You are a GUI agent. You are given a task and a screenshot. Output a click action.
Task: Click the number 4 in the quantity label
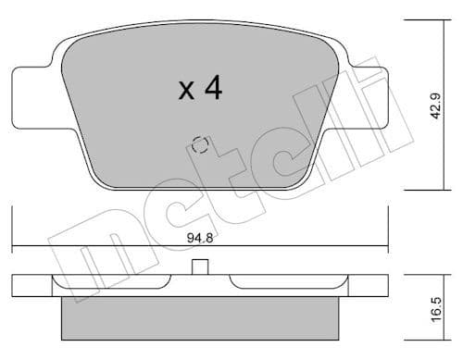coord(212,89)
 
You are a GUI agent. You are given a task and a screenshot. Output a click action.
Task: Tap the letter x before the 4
coord(185,92)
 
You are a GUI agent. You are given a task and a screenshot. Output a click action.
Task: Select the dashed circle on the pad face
coord(197,145)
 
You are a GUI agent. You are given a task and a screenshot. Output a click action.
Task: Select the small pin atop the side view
coord(197,267)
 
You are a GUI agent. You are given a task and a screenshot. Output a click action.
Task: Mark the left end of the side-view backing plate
coord(19,286)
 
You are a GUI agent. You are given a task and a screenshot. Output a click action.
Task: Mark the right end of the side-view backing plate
coord(378,286)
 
